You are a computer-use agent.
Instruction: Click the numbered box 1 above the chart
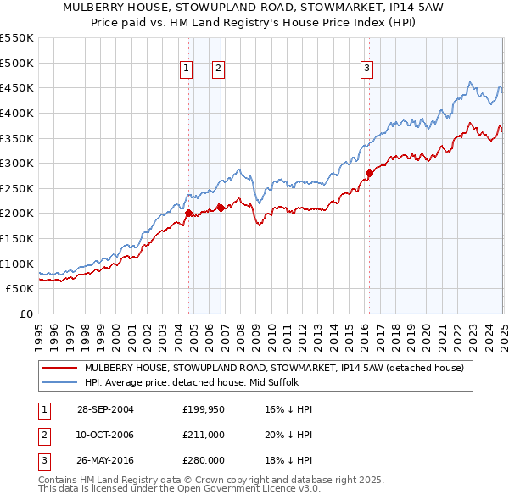tap(186, 69)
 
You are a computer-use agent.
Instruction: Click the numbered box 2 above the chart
tap(218, 69)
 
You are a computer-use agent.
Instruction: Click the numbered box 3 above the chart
tap(366, 69)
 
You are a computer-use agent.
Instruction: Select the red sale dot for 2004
tap(189, 214)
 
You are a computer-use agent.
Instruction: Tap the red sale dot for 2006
tap(221, 208)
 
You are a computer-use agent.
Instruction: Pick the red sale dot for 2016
tap(369, 173)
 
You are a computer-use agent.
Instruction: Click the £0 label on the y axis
tap(25, 314)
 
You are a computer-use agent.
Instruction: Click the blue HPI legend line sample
tap(59, 382)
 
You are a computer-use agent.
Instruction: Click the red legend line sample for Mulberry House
tap(59, 368)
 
